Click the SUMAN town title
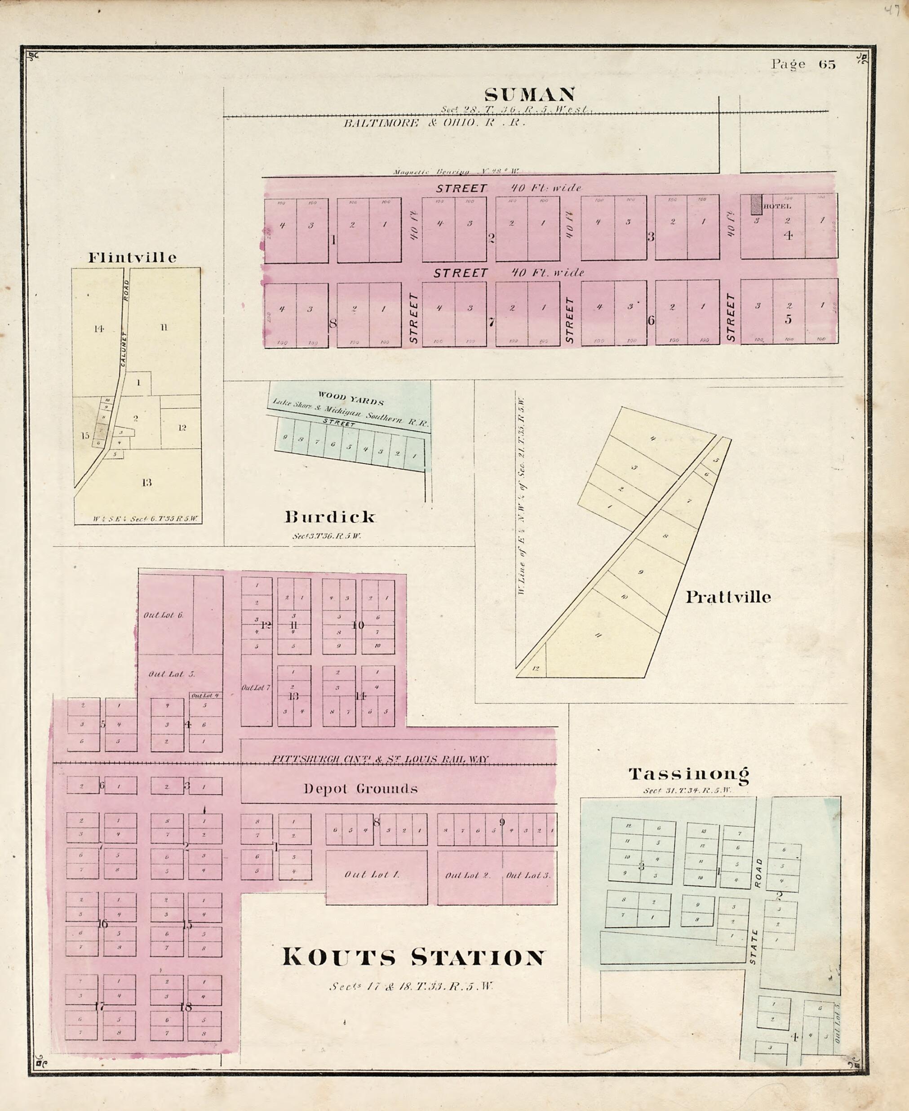(529, 95)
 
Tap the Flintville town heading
(132, 257)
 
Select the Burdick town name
(330, 517)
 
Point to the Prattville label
(728, 597)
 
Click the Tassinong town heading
(688, 774)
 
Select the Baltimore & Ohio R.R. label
(434, 123)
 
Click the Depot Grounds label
(361, 789)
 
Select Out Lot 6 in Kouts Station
(164, 615)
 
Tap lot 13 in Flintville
(146, 482)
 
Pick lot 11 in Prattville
(598, 635)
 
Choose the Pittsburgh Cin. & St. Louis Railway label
(380, 759)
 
